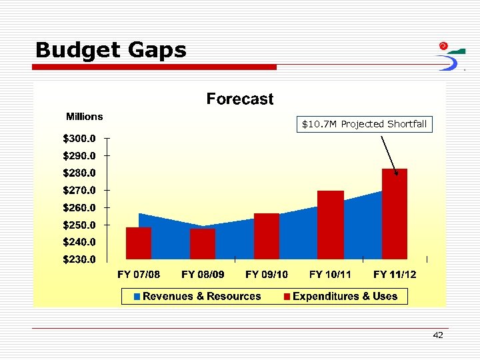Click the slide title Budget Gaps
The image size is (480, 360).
(111, 50)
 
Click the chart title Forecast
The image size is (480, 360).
(239, 99)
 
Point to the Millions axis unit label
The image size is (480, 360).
(84, 117)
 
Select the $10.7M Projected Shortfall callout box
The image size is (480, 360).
(364, 124)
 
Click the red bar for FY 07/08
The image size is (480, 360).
(139, 243)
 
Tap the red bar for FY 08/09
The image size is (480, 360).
(203, 244)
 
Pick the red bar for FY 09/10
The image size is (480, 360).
(267, 236)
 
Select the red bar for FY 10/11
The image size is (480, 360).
(331, 225)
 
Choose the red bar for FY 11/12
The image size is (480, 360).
(395, 213)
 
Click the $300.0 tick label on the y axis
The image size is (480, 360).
(79, 139)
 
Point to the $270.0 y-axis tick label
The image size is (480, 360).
(79, 191)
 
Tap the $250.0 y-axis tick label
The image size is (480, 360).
(79, 225)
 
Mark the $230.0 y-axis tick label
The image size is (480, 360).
(79, 259)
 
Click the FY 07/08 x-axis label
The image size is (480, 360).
(139, 274)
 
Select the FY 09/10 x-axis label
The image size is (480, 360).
(267, 274)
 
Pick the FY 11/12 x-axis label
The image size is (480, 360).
(395, 274)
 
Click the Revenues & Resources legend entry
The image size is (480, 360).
(197, 296)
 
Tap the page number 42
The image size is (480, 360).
(437, 335)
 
